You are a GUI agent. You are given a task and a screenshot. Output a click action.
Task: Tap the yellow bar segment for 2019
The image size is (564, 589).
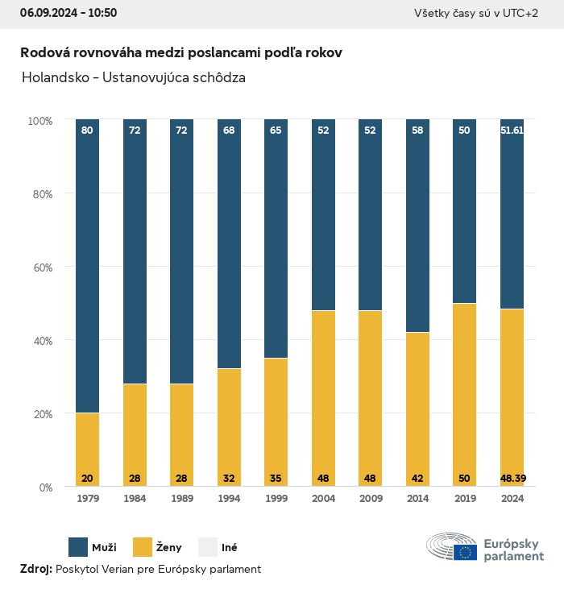tap(464, 395)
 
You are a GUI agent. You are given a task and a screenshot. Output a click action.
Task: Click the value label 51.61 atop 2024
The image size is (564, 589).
tap(512, 130)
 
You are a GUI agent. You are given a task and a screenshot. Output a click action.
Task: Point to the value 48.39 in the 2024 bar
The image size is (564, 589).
tap(512, 479)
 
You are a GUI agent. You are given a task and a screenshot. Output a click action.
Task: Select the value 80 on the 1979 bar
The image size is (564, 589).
tap(87, 130)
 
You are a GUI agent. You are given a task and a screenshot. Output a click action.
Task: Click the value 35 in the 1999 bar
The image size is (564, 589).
tap(276, 479)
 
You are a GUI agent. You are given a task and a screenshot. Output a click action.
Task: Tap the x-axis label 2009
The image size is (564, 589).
tap(370, 499)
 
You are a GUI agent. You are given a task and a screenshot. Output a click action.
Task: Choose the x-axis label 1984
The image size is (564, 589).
tap(135, 499)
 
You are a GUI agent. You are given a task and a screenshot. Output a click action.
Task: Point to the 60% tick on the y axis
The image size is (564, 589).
tap(40, 267)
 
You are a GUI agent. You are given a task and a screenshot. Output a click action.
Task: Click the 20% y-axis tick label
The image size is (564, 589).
tap(40, 414)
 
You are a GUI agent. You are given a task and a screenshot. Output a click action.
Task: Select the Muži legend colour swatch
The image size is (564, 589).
tap(79, 547)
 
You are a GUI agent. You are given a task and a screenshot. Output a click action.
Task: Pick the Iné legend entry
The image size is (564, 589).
tap(229, 548)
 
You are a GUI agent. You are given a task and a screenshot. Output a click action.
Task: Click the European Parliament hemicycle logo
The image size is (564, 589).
tap(452, 547)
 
